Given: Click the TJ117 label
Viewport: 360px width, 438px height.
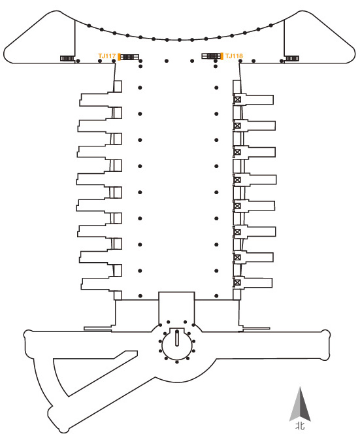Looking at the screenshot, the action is (x=106, y=56).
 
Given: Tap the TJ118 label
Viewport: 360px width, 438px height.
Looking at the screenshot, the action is (x=234, y=56).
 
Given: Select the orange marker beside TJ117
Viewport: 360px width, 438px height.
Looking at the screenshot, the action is (x=119, y=56).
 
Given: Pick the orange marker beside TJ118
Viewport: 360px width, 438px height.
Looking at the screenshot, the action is (x=222, y=56).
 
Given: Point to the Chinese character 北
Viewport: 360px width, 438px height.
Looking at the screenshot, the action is (x=300, y=426).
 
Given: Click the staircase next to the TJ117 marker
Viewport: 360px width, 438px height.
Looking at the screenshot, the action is (x=129, y=57).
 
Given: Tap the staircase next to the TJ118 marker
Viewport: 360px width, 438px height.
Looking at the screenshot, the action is (x=211, y=56).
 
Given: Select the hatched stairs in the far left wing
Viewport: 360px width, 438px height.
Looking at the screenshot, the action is (x=67, y=58).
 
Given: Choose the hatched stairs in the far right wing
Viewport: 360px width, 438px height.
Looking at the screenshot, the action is (x=292, y=58).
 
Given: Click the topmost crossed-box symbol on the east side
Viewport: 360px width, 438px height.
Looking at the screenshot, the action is (x=237, y=99).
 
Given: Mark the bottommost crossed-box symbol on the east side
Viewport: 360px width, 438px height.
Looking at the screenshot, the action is (x=237, y=282).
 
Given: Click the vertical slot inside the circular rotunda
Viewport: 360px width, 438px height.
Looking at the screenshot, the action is (x=177, y=337).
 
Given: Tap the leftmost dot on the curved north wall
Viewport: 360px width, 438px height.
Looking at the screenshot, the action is (x=89, y=25).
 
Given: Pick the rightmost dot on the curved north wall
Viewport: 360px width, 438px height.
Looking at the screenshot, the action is (x=271, y=25).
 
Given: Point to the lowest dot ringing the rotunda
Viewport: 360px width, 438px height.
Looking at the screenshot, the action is (x=177, y=362).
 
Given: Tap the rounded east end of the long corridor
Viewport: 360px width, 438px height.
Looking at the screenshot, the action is (x=325, y=345).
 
